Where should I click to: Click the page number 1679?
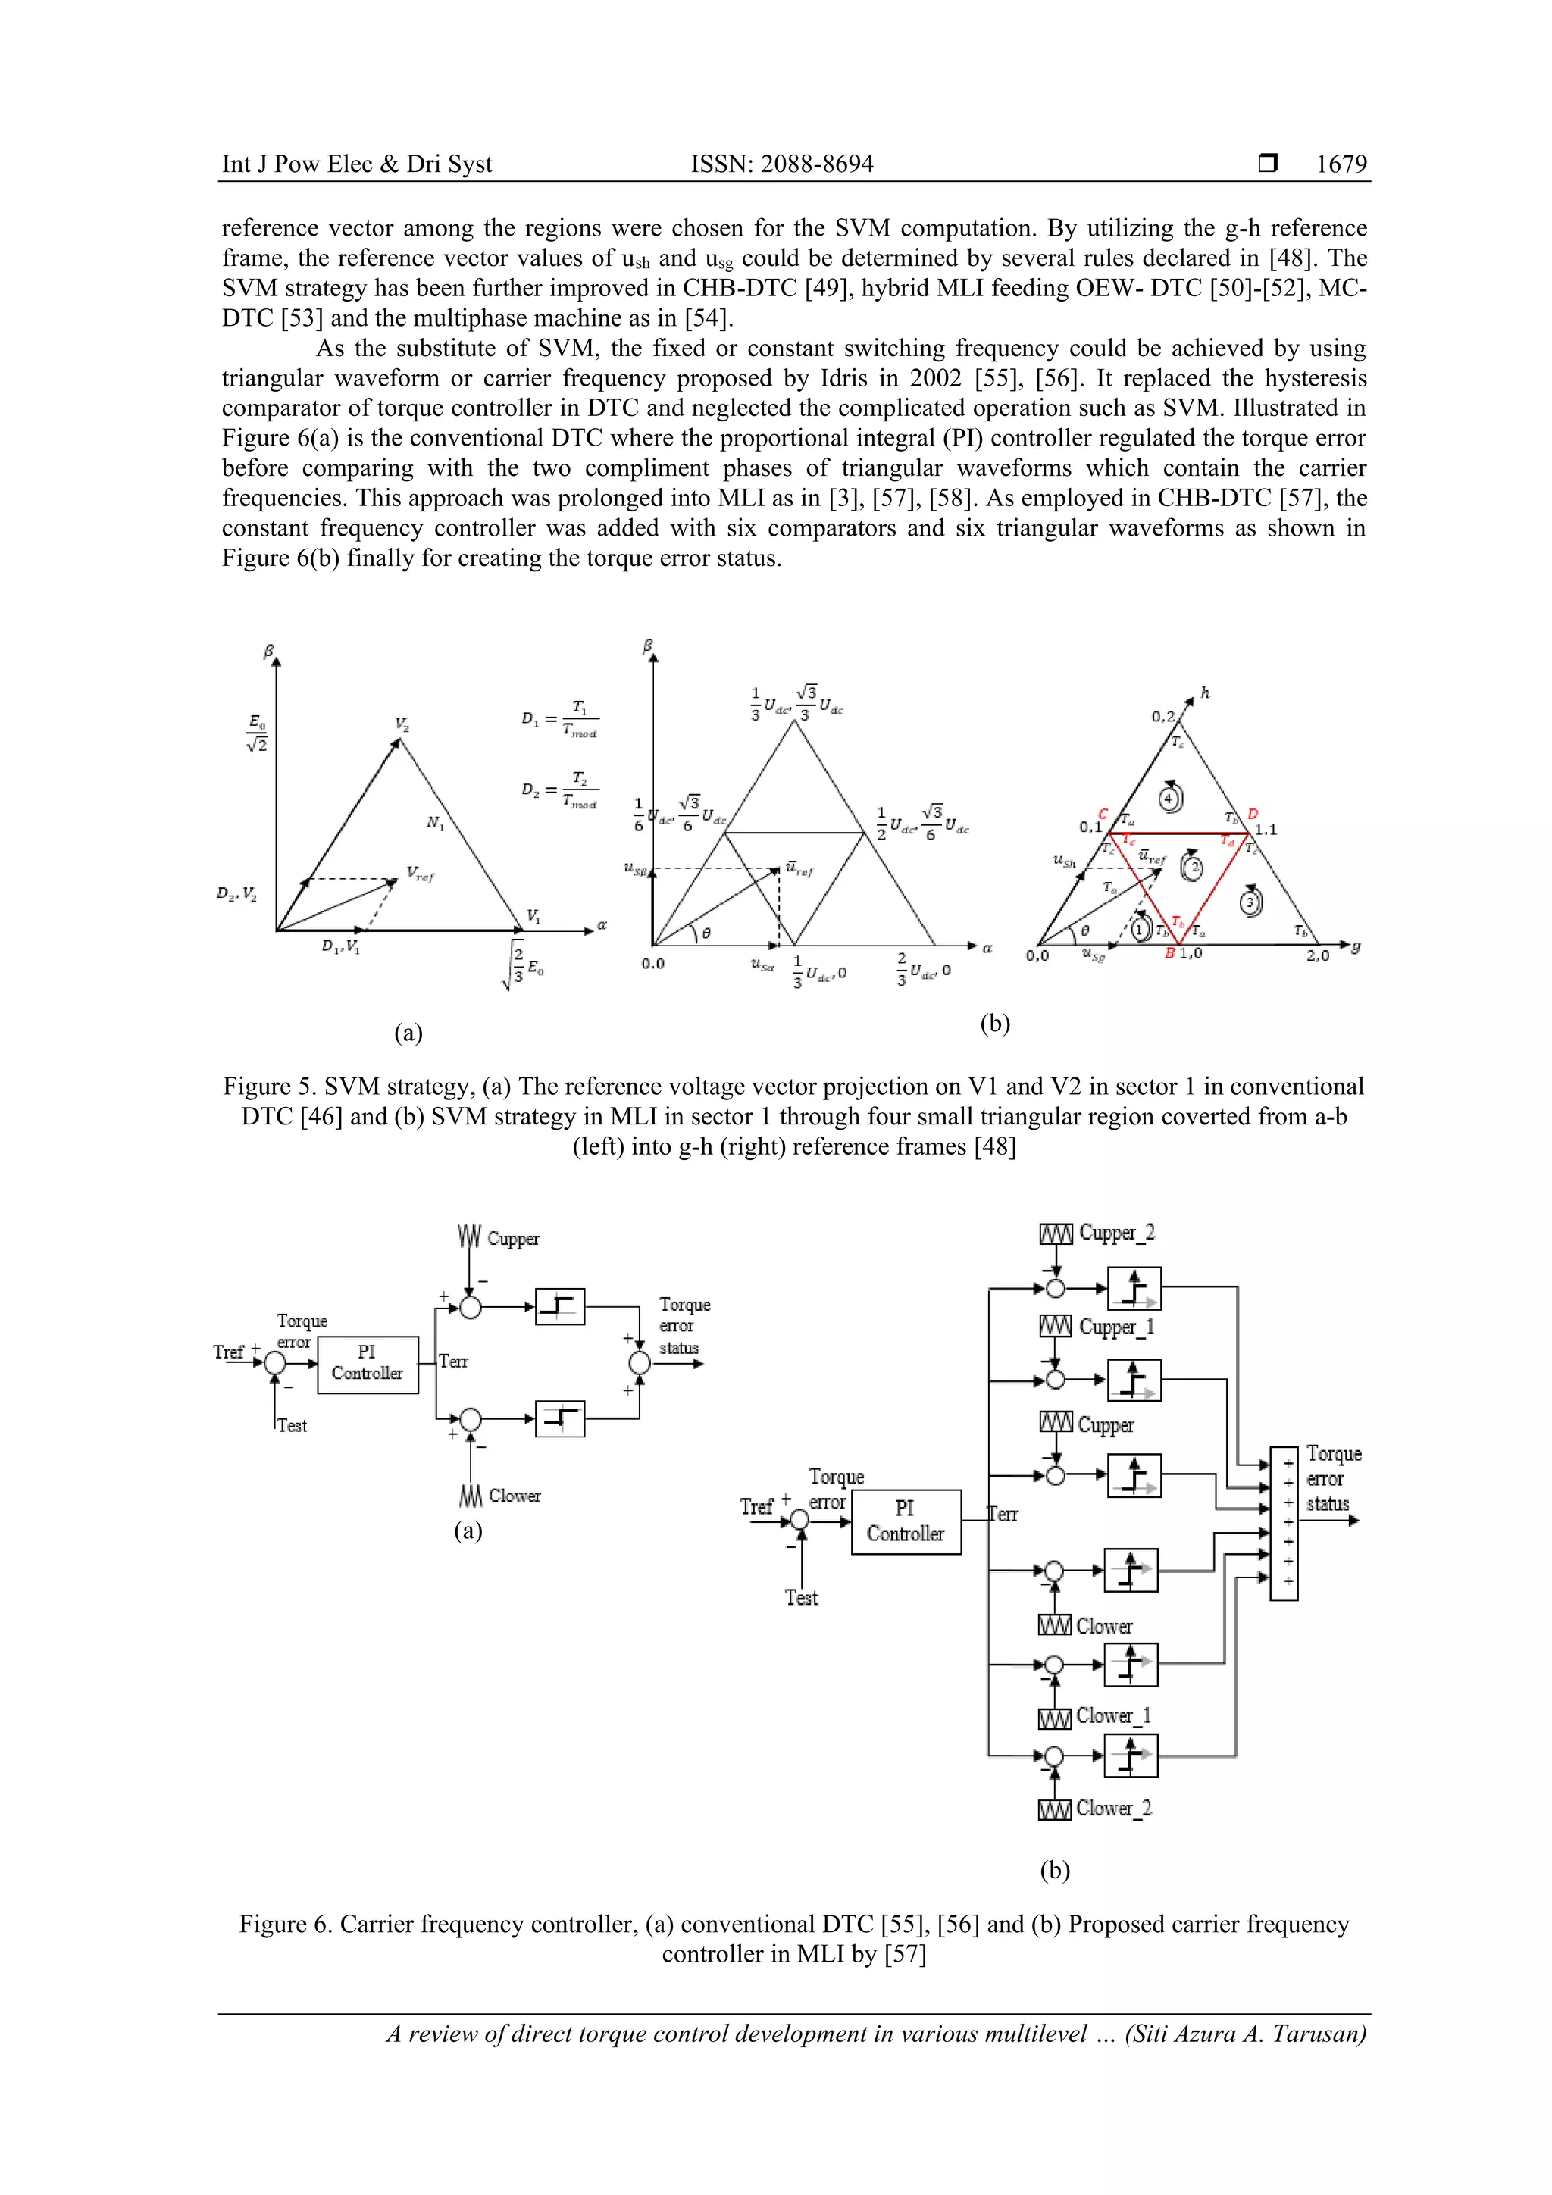point(1341,164)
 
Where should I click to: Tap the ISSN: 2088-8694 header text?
point(781,164)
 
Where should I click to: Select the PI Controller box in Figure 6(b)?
point(905,1521)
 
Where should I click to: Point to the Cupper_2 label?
point(1116,1234)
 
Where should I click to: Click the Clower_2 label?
point(1113,1808)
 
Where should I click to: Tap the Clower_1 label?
point(1113,1716)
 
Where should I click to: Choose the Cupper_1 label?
point(1116,1327)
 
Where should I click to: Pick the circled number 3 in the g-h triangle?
point(1250,902)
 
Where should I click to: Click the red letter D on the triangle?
point(1253,815)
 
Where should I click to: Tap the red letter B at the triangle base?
point(1169,954)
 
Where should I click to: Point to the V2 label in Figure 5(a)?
point(402,724)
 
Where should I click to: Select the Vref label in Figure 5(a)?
point(420,873)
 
